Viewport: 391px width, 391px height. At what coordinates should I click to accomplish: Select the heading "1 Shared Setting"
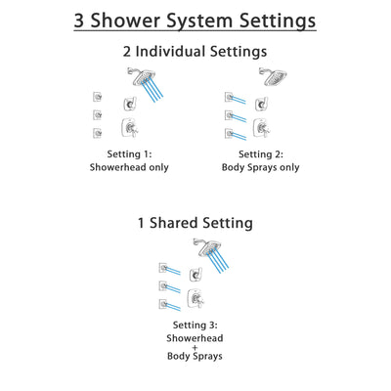coord(195,223)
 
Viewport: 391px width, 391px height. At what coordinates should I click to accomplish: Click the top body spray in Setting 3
coord(165,266)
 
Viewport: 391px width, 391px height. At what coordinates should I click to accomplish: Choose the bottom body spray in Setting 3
coord(165,304)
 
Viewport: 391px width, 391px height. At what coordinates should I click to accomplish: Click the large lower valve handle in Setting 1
coord(128,128)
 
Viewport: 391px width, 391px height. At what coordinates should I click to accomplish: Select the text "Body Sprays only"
coord(261,167)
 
